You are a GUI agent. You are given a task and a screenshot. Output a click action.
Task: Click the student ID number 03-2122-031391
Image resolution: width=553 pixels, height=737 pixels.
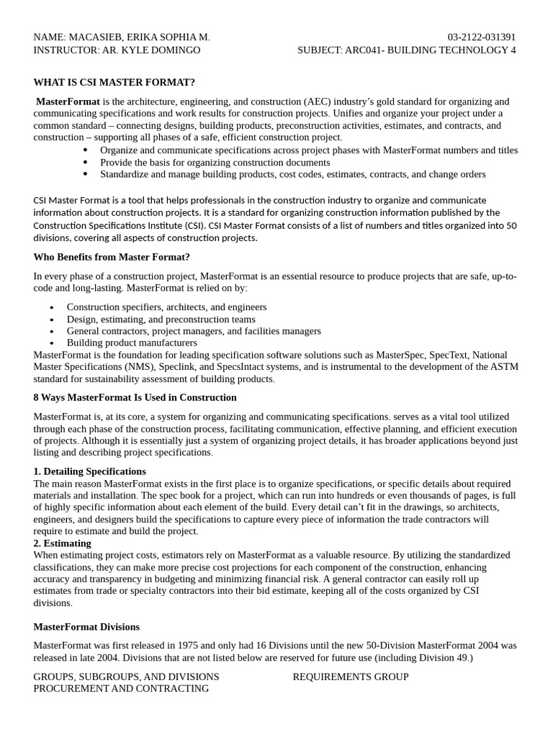(481, 37)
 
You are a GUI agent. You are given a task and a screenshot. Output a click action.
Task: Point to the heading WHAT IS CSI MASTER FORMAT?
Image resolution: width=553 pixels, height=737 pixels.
(114, 82)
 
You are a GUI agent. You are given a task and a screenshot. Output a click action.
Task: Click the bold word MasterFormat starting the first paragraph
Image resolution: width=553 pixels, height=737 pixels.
(68, 101)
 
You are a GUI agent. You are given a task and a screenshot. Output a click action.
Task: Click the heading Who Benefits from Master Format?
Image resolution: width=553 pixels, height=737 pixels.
(112, 257)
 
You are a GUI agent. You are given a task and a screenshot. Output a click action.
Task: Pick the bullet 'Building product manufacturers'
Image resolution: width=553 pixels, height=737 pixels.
(132, 343)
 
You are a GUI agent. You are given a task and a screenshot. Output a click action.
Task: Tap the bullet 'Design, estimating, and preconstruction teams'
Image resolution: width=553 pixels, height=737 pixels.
(161, 319)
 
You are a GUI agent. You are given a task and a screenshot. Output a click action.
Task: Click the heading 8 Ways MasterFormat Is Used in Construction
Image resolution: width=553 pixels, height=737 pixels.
(135, 397)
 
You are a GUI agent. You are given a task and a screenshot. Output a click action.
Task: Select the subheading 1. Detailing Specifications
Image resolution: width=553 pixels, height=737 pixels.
(89, 471)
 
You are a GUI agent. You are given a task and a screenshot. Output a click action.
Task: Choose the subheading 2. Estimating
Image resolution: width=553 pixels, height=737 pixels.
(62, 543)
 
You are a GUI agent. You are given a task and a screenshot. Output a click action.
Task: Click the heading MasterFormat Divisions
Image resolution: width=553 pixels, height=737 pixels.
(86, 627)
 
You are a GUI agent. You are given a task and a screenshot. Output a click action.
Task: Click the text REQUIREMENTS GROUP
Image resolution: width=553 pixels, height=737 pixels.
(351, 677)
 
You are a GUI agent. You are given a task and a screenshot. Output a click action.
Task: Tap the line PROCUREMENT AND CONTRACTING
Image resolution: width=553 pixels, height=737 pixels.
(121, 689)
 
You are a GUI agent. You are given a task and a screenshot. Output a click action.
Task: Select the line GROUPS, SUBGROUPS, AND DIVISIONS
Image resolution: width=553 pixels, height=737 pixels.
(126, 677)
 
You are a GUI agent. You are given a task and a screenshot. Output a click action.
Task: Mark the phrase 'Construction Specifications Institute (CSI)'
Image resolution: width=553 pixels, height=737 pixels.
(120, 225)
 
